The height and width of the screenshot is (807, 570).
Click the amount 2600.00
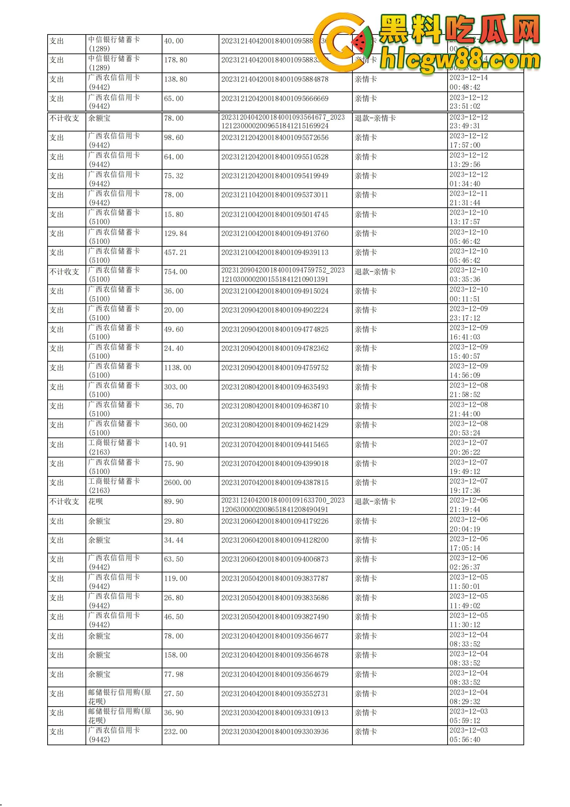point(177,483)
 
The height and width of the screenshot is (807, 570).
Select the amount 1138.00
point(177,368)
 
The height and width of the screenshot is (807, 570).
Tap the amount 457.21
point(175,252)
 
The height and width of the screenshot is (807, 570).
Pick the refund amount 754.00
point(175,272)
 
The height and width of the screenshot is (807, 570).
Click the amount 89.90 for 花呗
point(173,502)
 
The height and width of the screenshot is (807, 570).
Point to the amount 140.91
point(175,445)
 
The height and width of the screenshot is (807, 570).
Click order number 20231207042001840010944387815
point(274,483)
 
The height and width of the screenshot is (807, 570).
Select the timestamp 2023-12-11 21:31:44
point(469,198)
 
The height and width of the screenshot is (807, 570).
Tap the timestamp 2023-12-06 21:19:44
point(469,505)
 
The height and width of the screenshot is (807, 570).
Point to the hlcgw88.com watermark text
point(460,60)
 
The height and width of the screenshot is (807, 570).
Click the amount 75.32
point(173,176)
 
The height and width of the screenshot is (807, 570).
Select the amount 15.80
point(173,214)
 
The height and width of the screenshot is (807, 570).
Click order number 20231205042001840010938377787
point(274,578)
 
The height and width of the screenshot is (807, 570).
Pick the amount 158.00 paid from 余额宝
point(175,655)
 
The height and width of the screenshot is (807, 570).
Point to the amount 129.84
point(175,233)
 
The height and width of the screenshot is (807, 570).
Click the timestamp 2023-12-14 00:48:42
point(469,82)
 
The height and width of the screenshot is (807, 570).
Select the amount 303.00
point(175,387)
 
